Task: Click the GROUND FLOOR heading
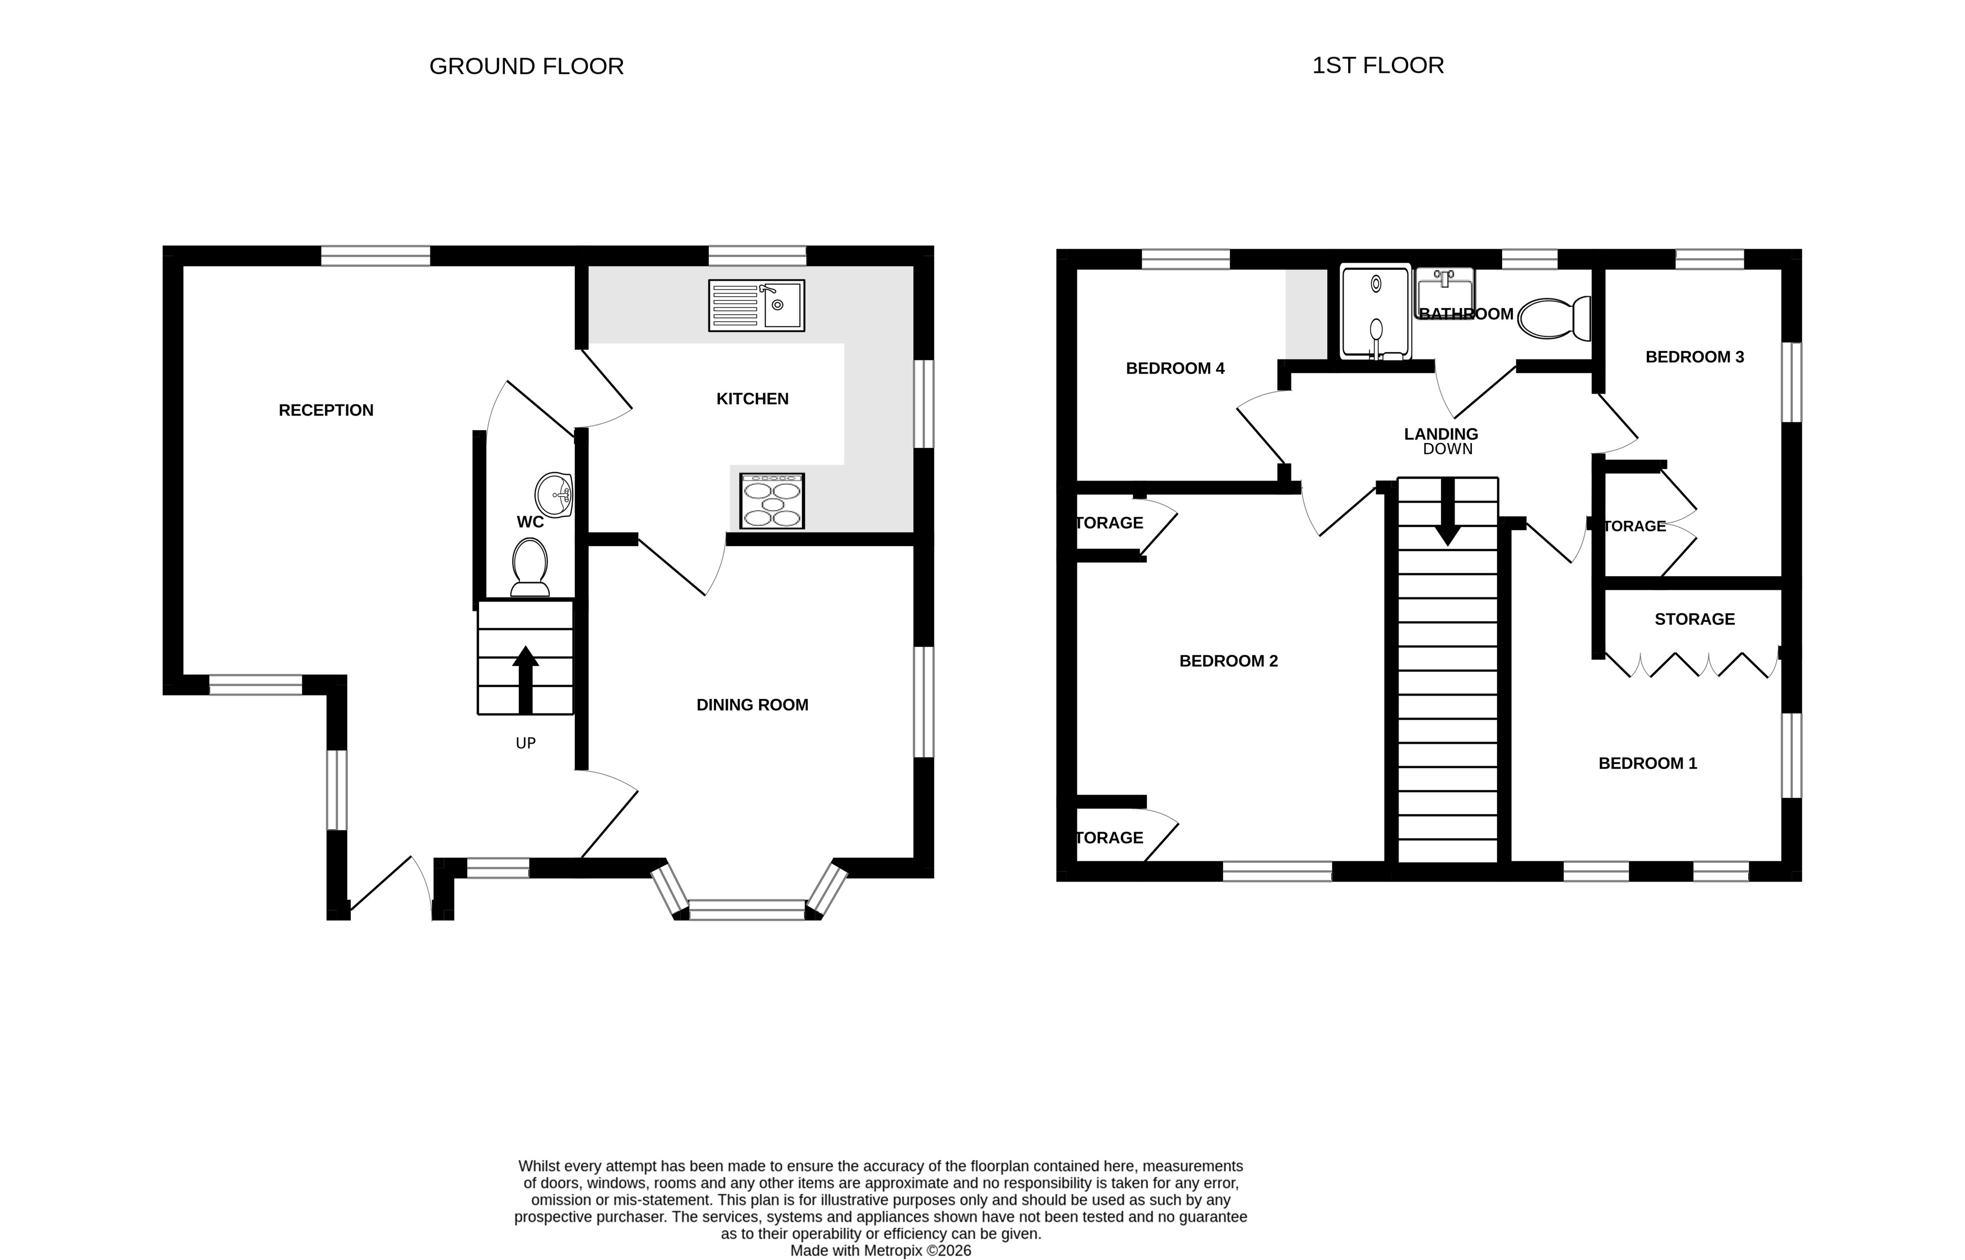point(526,66)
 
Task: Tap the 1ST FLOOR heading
point(1378,66)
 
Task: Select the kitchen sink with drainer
point(756,305)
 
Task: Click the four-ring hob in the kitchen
point(772,501)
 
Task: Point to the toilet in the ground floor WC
point(529,567)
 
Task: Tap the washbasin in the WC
point(553,495)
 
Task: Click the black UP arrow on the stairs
point(526,680)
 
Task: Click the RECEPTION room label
point(326,410)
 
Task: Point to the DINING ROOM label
point(752,705)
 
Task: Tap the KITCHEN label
point(752,399)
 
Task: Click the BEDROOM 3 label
point(1695,357)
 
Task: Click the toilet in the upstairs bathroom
point(1553,318)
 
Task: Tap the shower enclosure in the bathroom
point(1376,311)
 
